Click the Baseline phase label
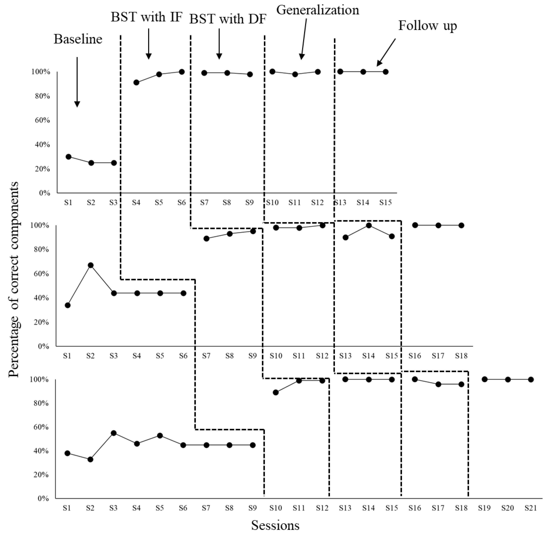78,39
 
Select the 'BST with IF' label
146,17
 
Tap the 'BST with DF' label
227,19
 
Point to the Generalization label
318,10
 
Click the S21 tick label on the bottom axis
530,508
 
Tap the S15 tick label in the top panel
385,202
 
